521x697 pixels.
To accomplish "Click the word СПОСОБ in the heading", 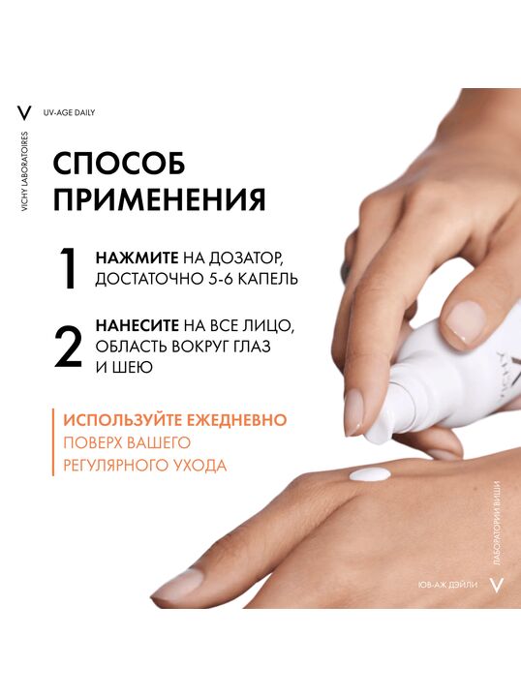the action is point(119,164).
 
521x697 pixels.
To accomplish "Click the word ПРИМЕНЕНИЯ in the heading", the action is point(160,199).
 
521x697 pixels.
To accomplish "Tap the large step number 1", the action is point(69,268).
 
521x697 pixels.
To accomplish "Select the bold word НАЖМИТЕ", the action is point(137,258).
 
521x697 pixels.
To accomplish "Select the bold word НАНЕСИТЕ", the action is point(138,325).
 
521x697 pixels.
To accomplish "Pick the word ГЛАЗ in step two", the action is point(251,347).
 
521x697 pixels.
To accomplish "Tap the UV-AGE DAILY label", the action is point(69,113).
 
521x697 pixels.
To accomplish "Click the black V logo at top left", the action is point(24,112).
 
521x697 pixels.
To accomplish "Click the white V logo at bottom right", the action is point(496,585).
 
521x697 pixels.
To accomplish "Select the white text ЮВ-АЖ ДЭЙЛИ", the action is point(447,585).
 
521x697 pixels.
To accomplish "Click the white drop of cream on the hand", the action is point(370,474).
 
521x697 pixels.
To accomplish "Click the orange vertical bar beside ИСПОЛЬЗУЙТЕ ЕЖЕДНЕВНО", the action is point(53,442).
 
